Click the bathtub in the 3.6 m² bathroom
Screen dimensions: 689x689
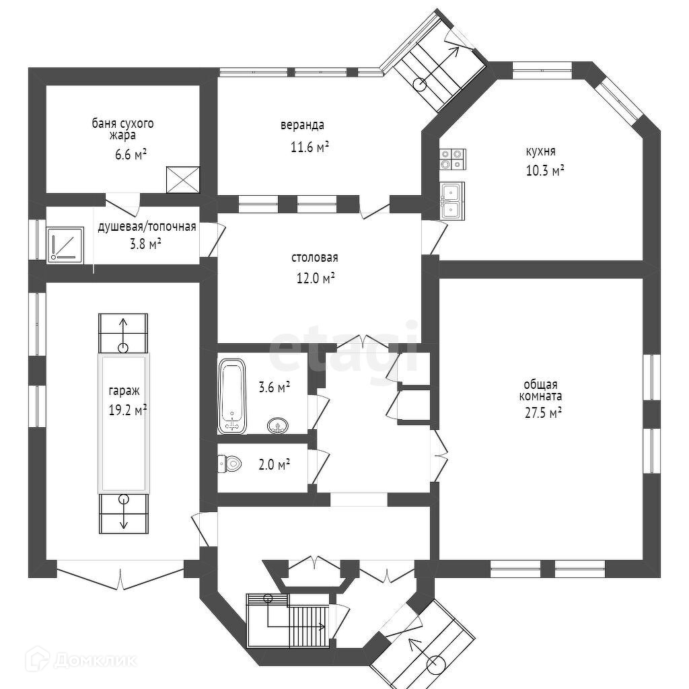(x=233, y=396)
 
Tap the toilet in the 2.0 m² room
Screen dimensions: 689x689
(x=231, y=463)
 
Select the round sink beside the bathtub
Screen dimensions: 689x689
(x=279, y=425)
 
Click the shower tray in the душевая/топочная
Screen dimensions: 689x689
(x=65, y=244)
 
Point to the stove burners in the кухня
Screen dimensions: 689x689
(x=451, y=158)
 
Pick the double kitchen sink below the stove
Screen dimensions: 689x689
(x=451, y=201)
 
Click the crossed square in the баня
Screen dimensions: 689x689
(x=183, y=180)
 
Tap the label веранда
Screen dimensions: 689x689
(x=302, y=124)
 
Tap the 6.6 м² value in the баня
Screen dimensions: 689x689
(x=131, y=154)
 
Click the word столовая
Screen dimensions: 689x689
(x=314, y=258)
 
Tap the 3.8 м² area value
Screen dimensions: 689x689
(x=146, y=244)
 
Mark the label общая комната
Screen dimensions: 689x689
(x=540, y=390)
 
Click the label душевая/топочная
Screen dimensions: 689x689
(x=147, y=226)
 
